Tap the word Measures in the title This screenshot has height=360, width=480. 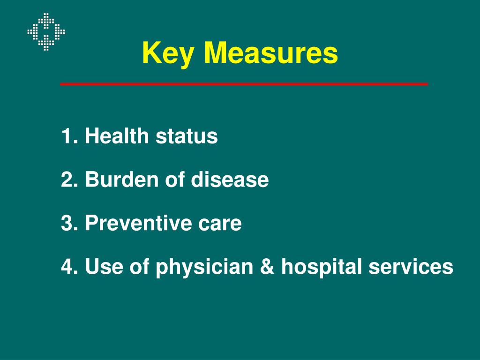(x=270, y=53)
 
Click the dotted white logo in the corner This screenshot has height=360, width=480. (x=46, y=32)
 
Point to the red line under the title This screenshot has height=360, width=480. (x=244, y=84)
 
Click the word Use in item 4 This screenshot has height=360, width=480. (x=102, y=267)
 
